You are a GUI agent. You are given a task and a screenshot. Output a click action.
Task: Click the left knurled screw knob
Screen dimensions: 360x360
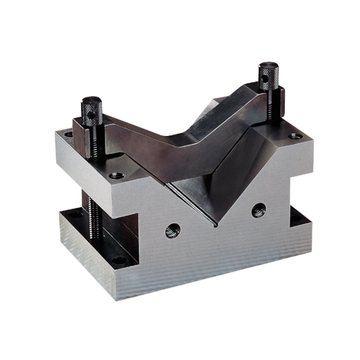92,111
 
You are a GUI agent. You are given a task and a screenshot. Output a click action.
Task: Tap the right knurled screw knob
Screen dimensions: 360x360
269,76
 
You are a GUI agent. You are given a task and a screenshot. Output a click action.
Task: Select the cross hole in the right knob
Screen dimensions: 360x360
265,79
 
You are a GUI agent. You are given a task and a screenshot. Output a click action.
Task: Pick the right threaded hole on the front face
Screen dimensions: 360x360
258,210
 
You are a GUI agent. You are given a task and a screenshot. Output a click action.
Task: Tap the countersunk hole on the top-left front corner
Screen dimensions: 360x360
116,176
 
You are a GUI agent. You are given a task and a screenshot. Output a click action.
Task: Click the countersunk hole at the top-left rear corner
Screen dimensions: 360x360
68,134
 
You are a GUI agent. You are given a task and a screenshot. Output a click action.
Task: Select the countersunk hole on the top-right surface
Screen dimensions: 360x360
296,136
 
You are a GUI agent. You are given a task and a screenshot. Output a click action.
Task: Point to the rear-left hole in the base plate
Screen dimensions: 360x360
72,214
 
